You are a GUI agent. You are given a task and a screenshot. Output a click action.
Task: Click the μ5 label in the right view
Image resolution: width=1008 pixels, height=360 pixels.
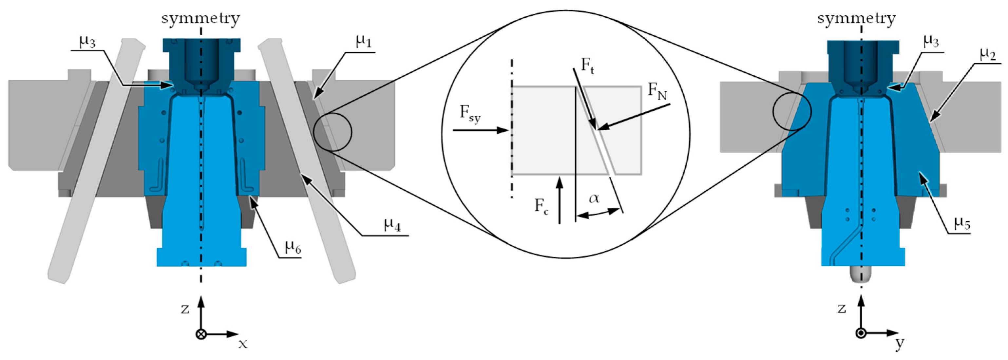coord(962,223)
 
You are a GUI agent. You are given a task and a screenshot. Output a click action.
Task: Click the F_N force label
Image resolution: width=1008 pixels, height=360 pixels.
coord(657,91)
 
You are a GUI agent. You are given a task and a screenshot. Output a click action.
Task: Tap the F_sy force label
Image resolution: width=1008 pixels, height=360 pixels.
coord(469,114)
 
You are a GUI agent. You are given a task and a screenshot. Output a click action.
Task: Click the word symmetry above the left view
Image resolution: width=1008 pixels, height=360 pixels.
coord(201,18)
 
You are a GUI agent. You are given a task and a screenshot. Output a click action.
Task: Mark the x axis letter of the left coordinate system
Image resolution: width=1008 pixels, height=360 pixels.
coord(243,344)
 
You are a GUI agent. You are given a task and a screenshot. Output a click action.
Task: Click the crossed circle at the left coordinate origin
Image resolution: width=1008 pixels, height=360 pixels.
coord(201,334)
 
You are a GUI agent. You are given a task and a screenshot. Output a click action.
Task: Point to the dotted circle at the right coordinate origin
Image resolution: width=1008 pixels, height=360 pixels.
coord(861,333)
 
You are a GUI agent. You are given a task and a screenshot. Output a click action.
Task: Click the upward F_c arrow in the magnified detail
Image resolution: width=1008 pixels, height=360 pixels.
coord(560,199)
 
